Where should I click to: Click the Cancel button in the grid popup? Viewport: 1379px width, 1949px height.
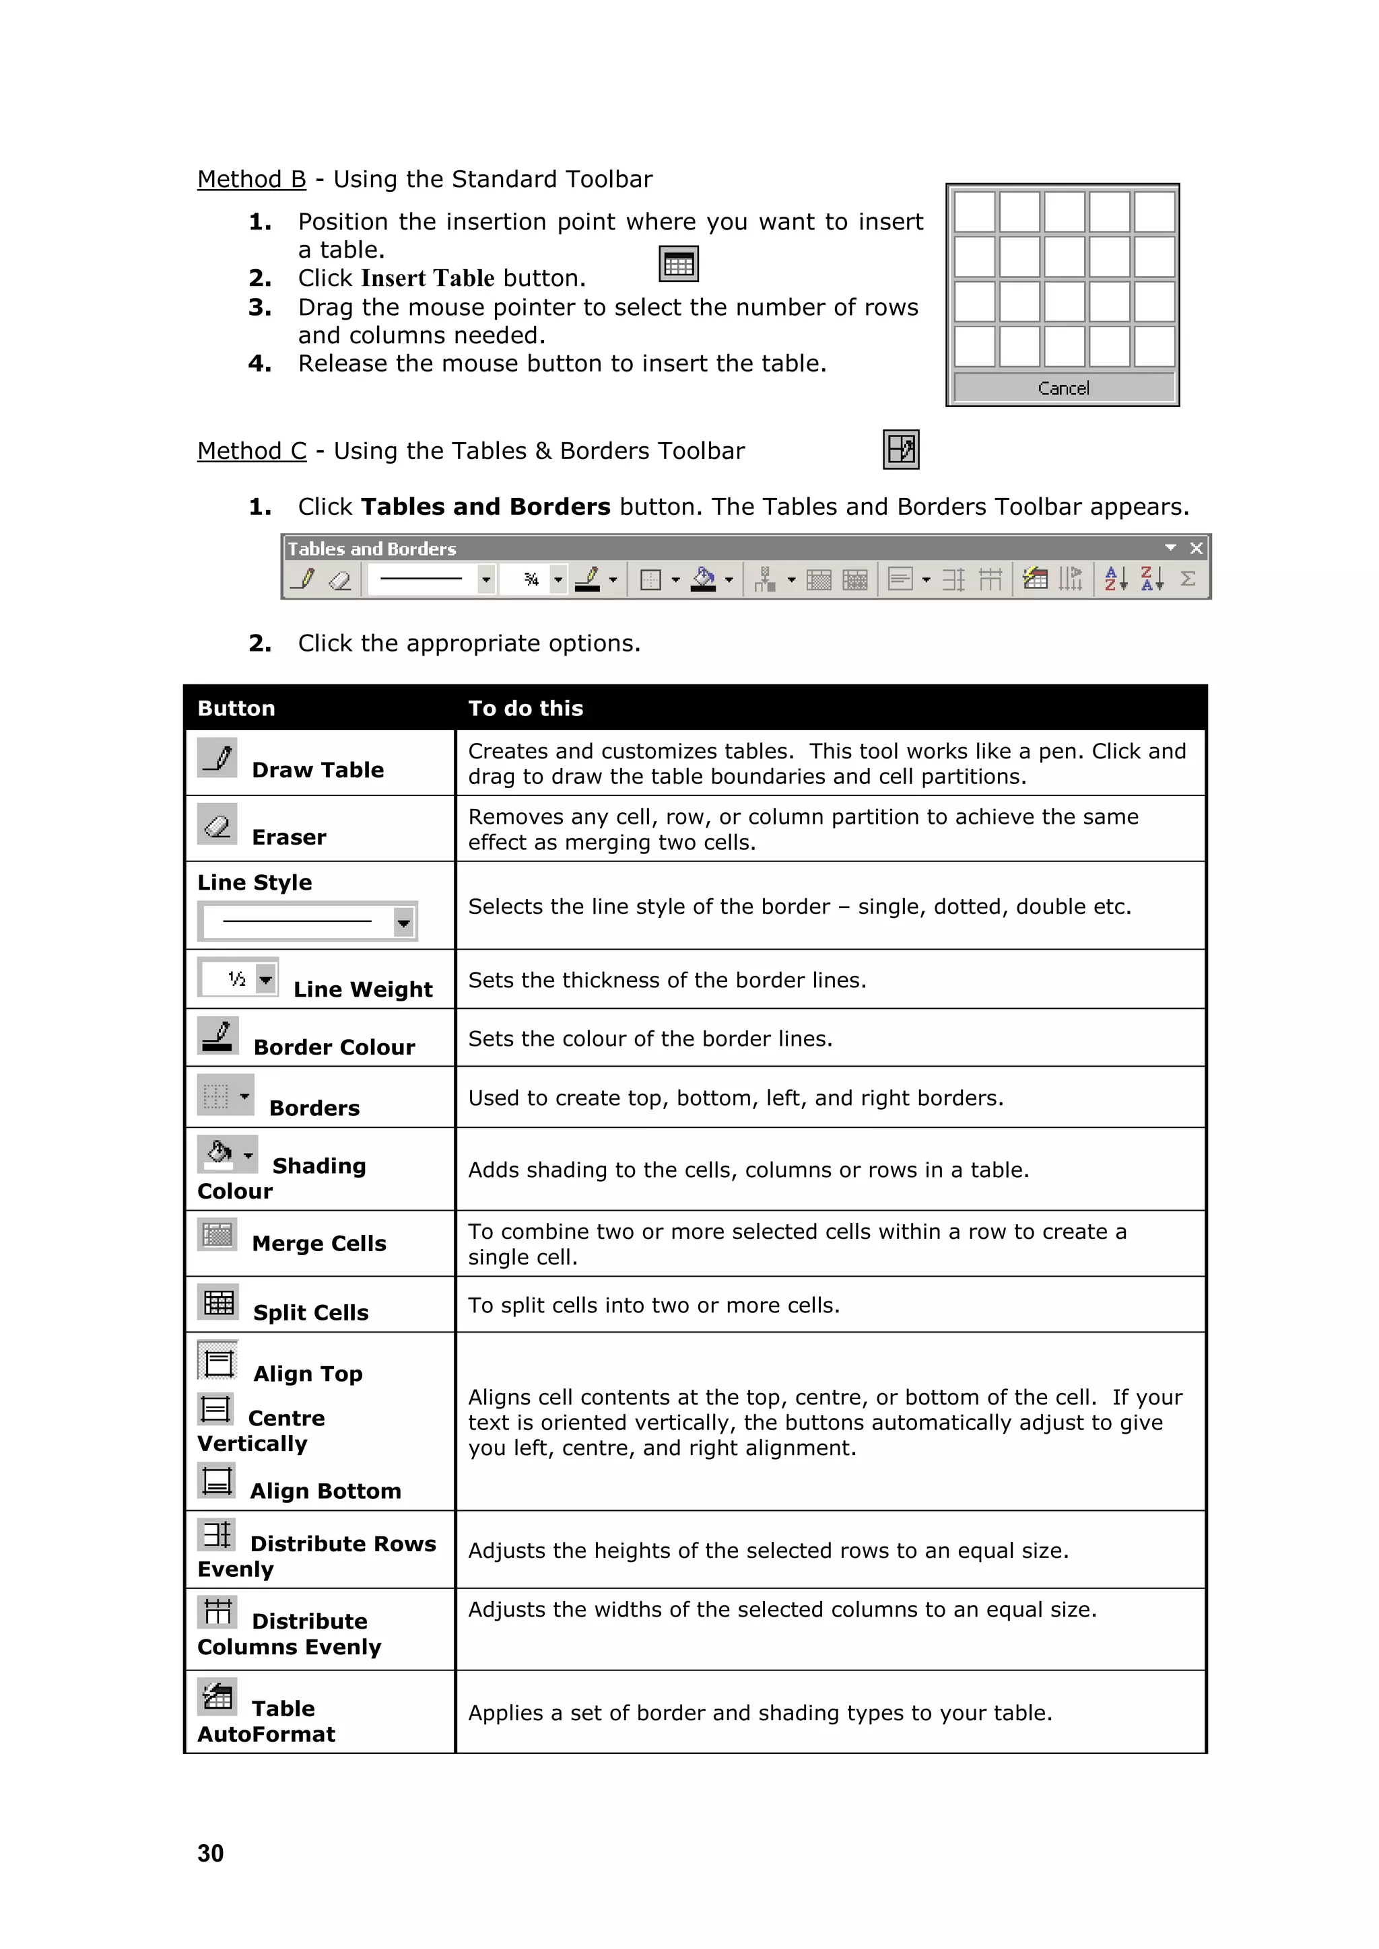pyautogui.click(x=1063, y=388)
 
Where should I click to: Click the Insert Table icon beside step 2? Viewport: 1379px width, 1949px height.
pyautogui.click(x=679, y=264)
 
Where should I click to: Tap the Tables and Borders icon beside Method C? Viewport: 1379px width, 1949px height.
pyautogui.click(x=901, y=449)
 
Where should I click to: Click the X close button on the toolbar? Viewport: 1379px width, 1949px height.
pyautogui.click(x=1197, y=548)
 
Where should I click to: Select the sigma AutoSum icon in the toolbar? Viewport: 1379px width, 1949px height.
pyautogui.click(x=1188, y=579)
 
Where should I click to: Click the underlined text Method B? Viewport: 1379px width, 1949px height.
pyautogui.click(x=251, y=179)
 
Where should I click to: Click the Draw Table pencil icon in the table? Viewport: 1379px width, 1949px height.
pyautogui.click(x=217, y=757)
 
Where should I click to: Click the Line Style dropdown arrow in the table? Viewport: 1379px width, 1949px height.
pyautogui.click(x=403, y=922)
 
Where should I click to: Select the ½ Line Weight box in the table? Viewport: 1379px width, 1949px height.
pyautogui.click(x=238, y=979)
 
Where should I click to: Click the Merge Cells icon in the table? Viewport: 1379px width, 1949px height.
pyautogui.click(x=217, y=1234)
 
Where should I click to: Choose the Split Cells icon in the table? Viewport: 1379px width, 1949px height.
pyautogui.click(x=218, y=1302)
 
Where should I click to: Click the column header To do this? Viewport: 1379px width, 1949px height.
pyautogui.click(x=526, y=708)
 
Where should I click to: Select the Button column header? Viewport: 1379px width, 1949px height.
pyautogui.click(x=236, y=708)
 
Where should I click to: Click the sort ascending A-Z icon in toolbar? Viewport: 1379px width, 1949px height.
pyautogui.click(x=1115, y=579)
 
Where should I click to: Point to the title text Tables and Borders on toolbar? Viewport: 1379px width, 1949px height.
pyautogui.click(x=371, y=549)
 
